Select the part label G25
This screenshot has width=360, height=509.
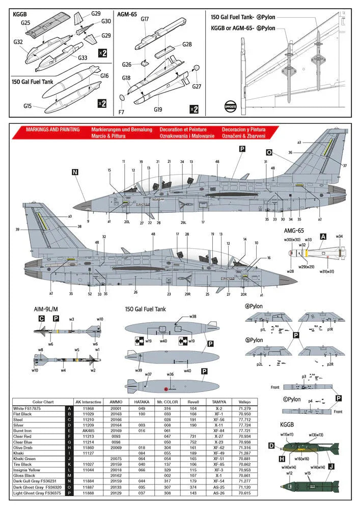coord(26,23)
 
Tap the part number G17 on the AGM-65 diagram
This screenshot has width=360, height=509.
coord(145,19)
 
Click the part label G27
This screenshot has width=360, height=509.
coord(197,86)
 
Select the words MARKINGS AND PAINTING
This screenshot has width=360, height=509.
coord(52,130)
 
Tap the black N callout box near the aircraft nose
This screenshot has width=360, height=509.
coord(75,173)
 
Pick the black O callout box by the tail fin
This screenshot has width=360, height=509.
coord(269,152)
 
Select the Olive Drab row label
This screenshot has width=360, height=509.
coord(26,446)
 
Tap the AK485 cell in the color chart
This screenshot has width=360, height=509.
coord(88,430)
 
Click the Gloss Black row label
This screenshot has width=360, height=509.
coord(25,475)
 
